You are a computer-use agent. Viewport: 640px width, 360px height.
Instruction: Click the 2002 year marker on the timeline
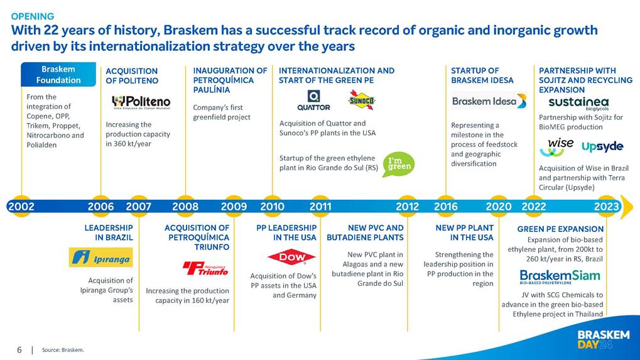tap(21, 207)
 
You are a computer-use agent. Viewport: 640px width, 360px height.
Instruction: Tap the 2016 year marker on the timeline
tap(446, 207)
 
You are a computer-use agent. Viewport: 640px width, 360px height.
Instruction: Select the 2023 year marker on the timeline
tap(607, 207)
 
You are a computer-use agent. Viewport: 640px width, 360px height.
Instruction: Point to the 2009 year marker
tap(234, 207)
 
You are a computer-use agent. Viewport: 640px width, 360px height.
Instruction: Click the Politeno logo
tap(141, 102)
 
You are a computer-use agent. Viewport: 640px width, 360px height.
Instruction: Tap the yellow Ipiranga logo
tap(101, 258)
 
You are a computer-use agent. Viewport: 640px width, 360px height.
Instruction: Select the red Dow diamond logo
tap(291, 257)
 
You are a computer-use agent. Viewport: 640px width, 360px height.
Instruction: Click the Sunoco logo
tap(362, 100)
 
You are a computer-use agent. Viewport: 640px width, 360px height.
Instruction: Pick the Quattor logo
tap(313, 101)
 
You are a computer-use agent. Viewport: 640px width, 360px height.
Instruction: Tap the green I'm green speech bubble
tap(398, 164)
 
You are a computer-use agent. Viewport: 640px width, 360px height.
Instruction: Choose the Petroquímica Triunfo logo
tap(206, 268)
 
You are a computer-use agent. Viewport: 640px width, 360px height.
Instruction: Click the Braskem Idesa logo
tap(489, 101)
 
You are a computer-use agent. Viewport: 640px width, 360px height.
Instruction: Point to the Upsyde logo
tap(602, 146)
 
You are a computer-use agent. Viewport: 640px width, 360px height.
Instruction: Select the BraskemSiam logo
tap(560, 276)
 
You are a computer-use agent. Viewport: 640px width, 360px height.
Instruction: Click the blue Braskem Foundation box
tap(58, 74)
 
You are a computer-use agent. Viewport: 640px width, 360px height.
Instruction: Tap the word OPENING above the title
tap(33, 16)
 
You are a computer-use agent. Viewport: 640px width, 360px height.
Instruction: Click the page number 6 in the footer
tap(19, 350)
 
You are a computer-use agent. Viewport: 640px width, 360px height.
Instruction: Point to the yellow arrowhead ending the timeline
tap(627, 207)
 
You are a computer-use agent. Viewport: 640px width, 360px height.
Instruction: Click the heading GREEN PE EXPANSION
tap(560, 229)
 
